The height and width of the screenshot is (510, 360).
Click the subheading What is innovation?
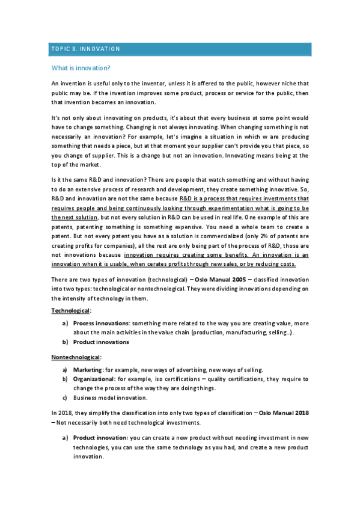[x=81, y=68]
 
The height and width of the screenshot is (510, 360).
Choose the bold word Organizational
[x=94, y=379]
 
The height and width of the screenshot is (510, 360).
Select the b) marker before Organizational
[x=65, y=379]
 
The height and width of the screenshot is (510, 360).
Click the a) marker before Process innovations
[x=65, y=323]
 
